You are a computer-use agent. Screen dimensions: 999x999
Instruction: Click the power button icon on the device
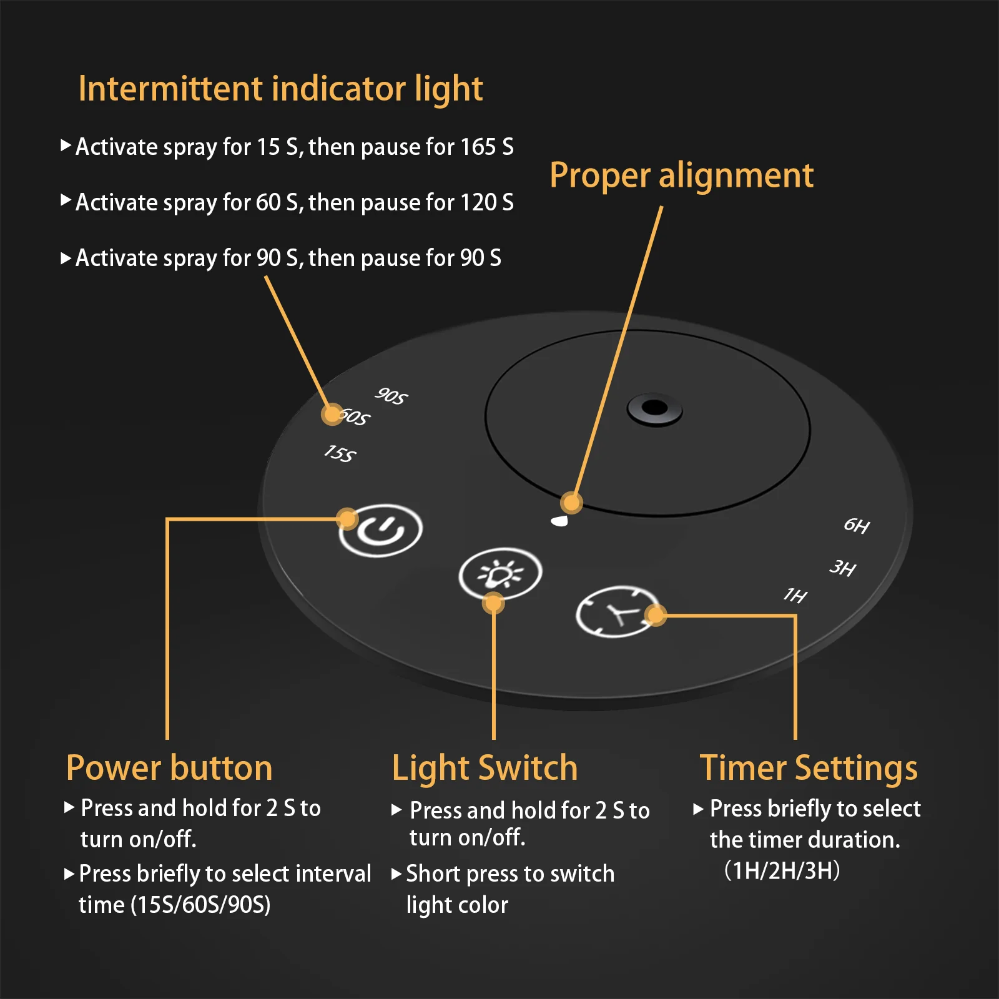[380, 530]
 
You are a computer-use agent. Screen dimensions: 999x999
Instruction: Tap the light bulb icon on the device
[500, 573]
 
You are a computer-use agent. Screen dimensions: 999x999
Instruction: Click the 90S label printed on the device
[391, 396]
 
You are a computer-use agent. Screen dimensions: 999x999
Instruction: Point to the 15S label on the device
[340, 453]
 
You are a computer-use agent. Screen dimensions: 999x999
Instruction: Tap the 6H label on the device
[857, 525]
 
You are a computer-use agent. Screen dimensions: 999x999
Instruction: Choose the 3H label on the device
[842, 568]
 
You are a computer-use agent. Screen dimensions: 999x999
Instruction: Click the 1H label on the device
[795, 595]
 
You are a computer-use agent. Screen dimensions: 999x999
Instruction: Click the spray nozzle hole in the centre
[654, 409]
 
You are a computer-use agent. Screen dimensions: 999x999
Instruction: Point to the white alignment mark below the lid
[559, 521]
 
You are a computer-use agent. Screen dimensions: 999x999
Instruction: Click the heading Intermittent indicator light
[280, 89]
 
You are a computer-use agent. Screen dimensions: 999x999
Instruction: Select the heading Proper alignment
[681, 175]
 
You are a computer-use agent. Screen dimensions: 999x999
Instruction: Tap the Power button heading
[169, 768]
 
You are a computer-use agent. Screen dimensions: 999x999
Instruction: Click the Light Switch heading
[485, 769]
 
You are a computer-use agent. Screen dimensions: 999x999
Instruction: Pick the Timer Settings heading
[809, 769]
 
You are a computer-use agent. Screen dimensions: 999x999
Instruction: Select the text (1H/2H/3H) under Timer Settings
[782, 870]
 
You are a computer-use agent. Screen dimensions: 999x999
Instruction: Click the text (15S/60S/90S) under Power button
[200, 905]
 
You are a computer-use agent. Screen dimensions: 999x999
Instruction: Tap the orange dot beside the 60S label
[332, 414]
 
